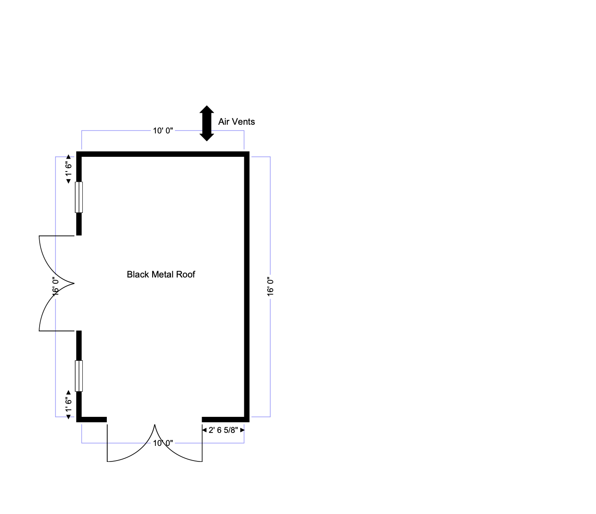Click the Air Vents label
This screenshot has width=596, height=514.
(236, 122)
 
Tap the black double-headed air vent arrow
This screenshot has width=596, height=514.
(207, 123)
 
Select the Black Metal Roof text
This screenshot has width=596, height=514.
(161, 274)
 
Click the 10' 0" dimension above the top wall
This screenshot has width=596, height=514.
(163, 131)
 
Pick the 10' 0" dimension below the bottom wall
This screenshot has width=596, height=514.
(163, 443)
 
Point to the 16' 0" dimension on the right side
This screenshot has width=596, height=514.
(270, 286)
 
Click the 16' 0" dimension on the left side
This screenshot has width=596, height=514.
(55, 286)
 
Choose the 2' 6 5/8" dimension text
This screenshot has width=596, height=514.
(223, 430)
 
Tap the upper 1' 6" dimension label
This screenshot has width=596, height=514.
(69, 169)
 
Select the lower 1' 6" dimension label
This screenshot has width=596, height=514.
(69, 405)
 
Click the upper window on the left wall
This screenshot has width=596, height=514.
(79, 197)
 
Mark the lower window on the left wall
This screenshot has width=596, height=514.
(79, 376)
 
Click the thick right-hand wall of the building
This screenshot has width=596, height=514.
(247, 286)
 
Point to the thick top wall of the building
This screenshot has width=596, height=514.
(163, 154)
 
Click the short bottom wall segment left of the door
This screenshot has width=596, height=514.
(92, 419)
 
